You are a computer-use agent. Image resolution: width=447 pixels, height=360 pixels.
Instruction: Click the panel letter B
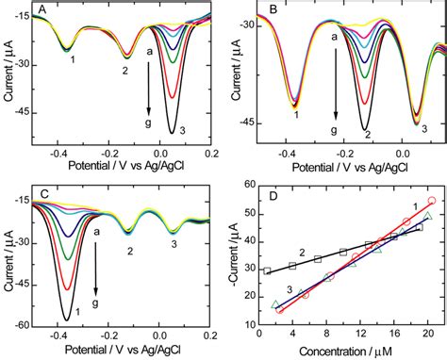pos(273,10)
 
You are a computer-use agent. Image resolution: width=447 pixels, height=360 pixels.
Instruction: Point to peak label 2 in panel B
pos(367,135)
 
